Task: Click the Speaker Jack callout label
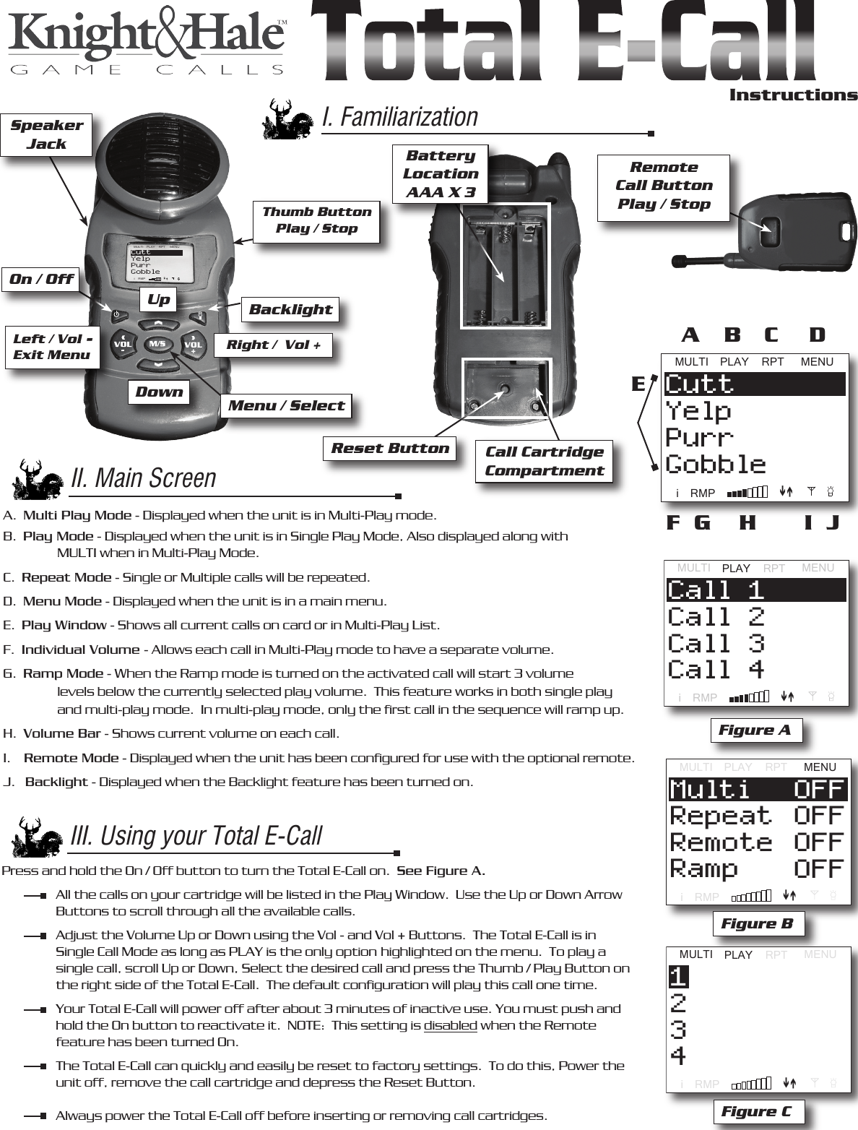pyautogui.click(x=47, y=134)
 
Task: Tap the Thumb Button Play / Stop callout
pyautogui.click(x=316, y=220)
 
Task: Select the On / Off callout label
pyautogui.click(x=41, y=279)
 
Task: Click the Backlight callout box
pyautogui.click(x=290, y=310)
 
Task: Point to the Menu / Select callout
pyautogui.click(x=287, y=405)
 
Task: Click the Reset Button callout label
pyautogui.click(x=390, y=449)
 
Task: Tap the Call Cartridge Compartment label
pyautogui.click(x=545, y=461)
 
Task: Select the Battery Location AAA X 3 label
pyautogui.click(x=441, y=173)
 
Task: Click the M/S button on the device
pyautogui.click(x=158, y=344)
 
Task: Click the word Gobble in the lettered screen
pyautogui.click(x=715, y=465)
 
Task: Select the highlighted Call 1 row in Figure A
pyautogui.click(x=755, y=590)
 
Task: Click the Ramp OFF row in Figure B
pyautogui.click(x=756, y=869)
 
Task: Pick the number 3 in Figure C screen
pyautogui.click(x=678, y=1030)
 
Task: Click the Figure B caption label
pyautogui.click(x=757, y=924)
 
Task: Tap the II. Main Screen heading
pyautogui.click(x=144, y=478)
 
